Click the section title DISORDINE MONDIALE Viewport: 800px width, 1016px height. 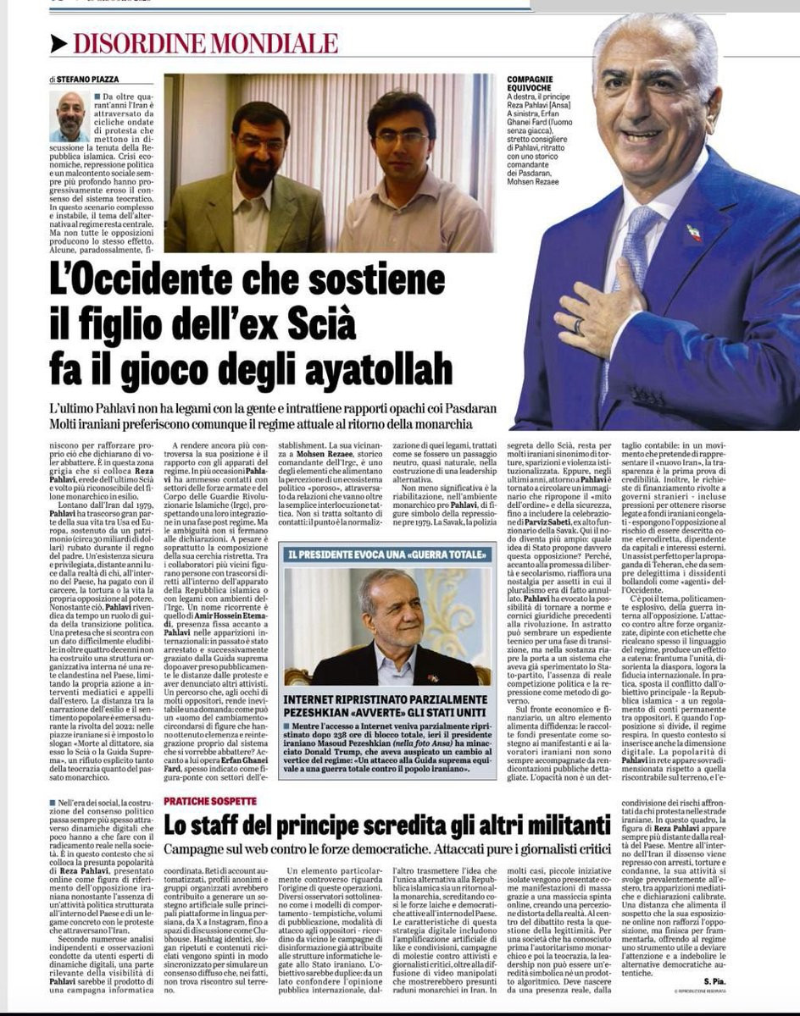[x=205, y=43]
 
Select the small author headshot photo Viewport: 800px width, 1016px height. [x=71, y=115]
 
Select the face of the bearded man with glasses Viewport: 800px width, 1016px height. [x=260, y=140]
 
